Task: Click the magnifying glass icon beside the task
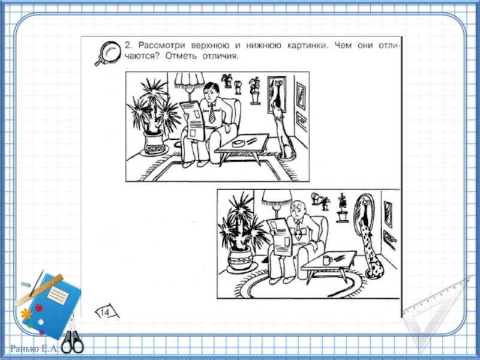click(107, 53)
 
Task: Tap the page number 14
click(104, 312)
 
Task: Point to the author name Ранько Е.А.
click(34, 349)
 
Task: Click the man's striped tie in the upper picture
click(212, 113)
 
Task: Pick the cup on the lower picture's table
click(327, 260)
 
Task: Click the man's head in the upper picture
click(212, 92)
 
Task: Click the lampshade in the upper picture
click(190, 80)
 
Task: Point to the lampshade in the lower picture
click(277, 198)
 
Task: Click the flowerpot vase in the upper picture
click(154, 143)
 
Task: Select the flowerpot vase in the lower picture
click(241, 260)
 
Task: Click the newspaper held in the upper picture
click(192, 121)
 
